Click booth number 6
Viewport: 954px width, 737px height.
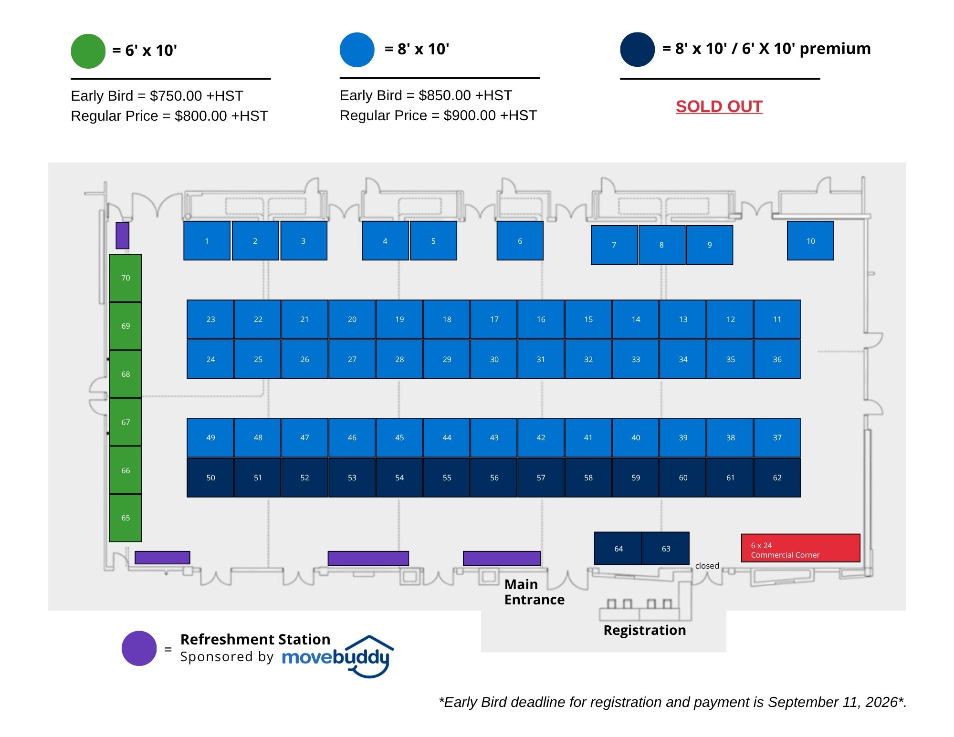coord(520,240)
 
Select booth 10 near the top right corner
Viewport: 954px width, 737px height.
coord(810,240)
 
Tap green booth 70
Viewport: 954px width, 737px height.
coord(126,278)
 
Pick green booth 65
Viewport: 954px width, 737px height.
coord(126,518)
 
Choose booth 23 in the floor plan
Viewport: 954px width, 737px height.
coord(210,319)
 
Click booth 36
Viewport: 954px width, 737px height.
coord(777,359)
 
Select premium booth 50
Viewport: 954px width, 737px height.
coord(210,477)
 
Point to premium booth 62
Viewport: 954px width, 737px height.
coord(777,477)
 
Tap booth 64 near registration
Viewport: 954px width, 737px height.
coord(618,549)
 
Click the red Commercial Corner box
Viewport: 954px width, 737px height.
coord(800,548)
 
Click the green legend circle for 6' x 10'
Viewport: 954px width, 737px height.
coord(88,51)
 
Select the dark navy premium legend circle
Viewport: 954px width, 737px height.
coord(637,50)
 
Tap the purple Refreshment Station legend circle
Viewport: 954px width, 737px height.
coord(139,648)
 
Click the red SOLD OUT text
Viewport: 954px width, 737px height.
coord(719,106)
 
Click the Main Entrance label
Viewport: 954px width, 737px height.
coord(535,592)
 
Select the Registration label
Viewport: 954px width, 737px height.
coord(645,631)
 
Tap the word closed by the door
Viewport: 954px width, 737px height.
coord(707,566)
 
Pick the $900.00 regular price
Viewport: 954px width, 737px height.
coord(470,115)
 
